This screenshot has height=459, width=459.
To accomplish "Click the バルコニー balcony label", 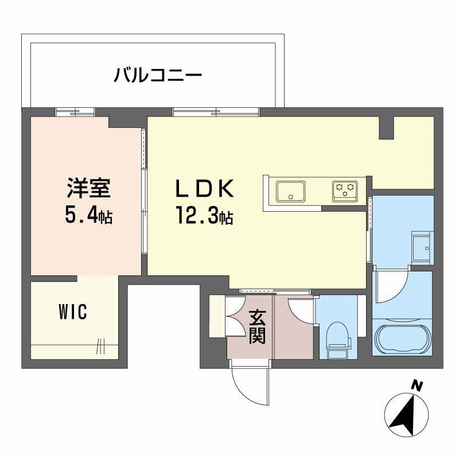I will (x=158, y=75).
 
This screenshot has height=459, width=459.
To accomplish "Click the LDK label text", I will (x=204, y=188).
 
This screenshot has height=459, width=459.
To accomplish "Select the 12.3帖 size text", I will (x=204, y=216).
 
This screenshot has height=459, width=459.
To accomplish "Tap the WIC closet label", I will (x=72, y=313).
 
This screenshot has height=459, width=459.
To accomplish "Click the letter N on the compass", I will (x=418, y=386).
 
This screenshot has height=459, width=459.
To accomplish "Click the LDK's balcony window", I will (x=216, y=112).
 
